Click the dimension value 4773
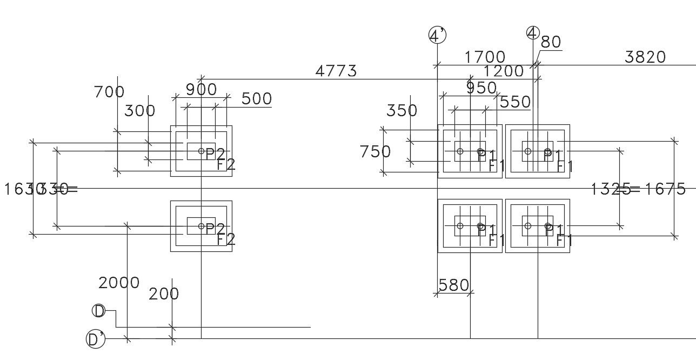tap(336, 71)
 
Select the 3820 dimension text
tap(645, 57)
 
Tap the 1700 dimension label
tap(485, 57)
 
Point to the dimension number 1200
tap(504, 71)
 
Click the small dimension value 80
tap(551, 42)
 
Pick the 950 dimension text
tap(481, 88)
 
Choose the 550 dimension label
tap(515, 102)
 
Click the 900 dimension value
tap(201, 90)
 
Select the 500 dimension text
tap(257, 99)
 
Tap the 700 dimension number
tap(109, 92)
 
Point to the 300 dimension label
tap(139, 111)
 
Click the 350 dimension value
tap(402, 111)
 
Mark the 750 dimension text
tap(376, 152)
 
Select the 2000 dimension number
tap(119, 283)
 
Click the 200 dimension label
tap(164, 294)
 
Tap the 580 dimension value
tap(453, 285)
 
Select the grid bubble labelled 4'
tap(437, 36)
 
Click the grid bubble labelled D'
tap(95, 339)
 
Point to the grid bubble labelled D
tap(99, 311)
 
